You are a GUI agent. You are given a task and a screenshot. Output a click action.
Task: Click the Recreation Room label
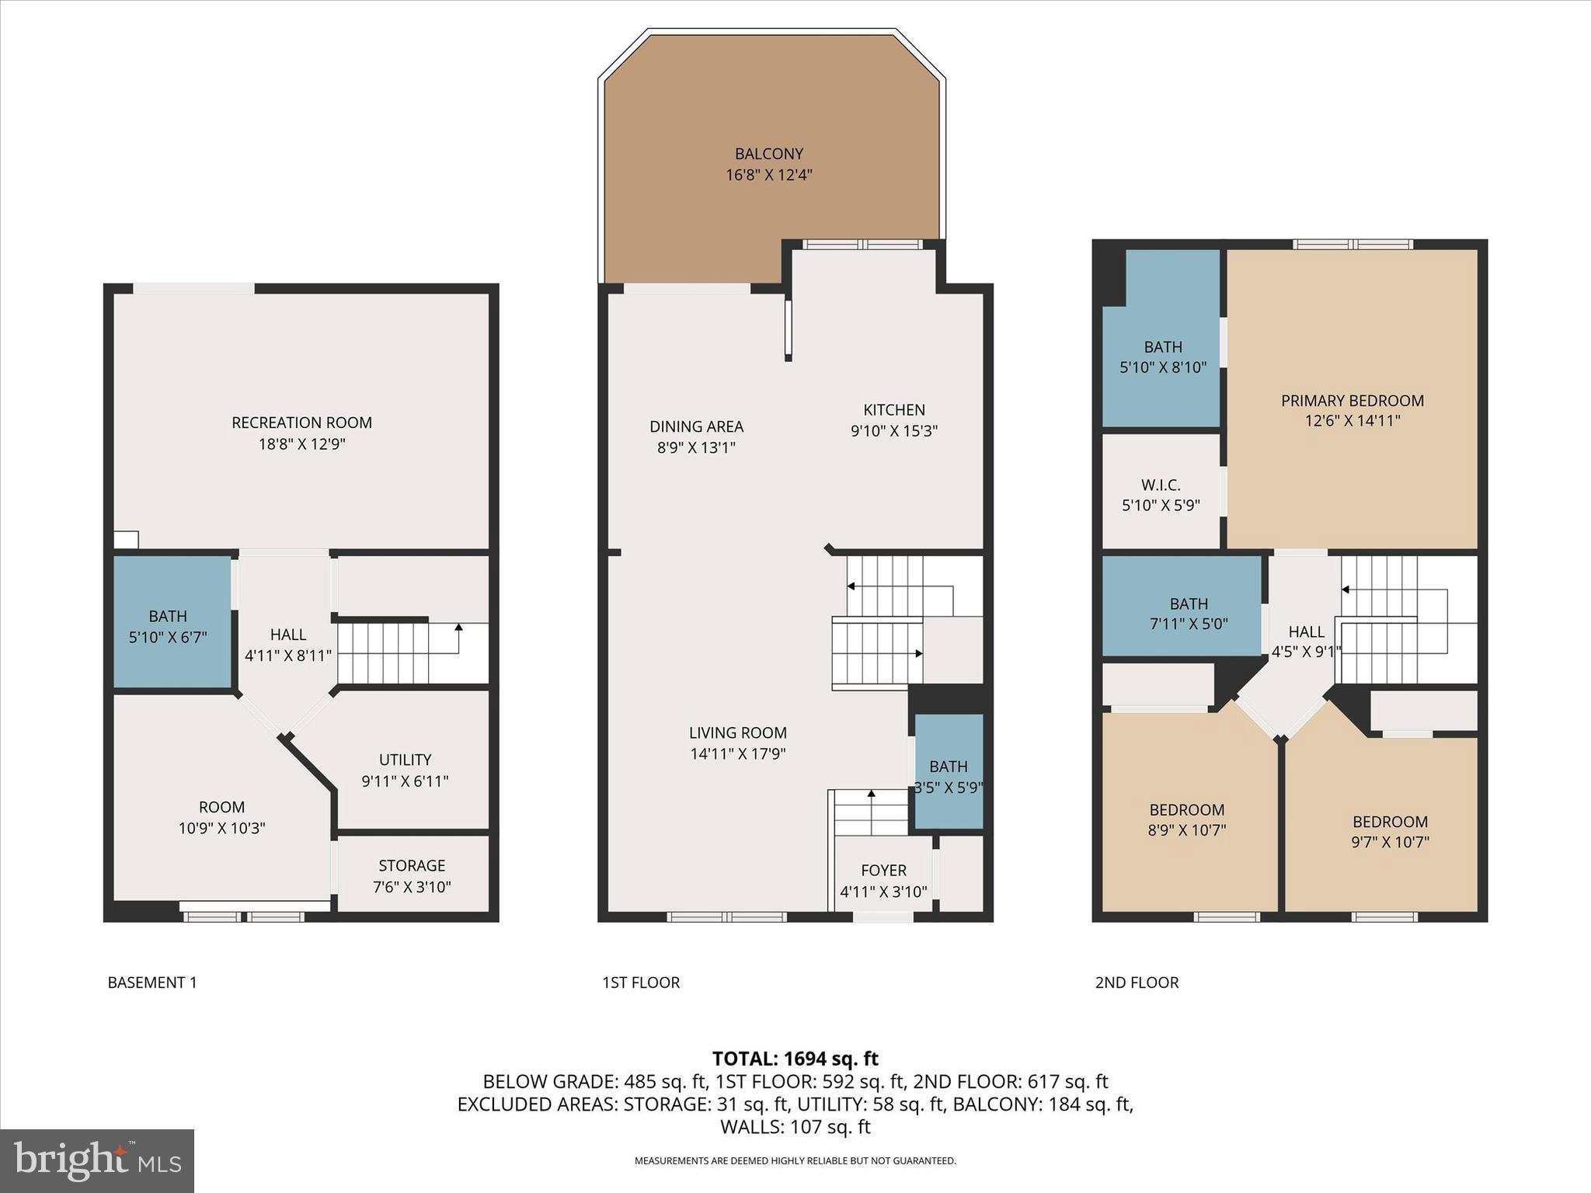[301, 423]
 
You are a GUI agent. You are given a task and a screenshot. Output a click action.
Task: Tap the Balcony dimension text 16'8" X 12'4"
[768, 175]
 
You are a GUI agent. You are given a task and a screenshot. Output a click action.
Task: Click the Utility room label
[405, 760]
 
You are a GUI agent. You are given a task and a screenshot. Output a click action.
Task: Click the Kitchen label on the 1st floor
[894, 410]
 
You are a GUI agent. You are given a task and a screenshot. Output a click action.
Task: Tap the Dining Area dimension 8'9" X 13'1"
[696, 447]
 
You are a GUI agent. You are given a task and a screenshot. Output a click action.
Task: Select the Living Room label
[737, 732]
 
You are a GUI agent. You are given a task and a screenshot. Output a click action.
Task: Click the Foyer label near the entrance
[883, 871]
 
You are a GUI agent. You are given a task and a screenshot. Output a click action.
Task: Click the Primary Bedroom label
[1352, 401]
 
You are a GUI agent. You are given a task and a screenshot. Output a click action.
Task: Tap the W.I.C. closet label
[1161, 485]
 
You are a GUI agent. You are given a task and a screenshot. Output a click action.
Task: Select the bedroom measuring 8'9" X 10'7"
[1187, 819]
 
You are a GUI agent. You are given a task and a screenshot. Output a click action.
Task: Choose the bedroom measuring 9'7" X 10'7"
[1389, 831]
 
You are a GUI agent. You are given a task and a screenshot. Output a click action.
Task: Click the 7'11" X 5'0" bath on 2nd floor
[1188, 613]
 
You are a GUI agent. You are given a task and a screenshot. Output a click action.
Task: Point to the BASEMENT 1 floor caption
[152, 983]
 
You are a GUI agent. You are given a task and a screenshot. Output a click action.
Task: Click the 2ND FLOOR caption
[1137, 983]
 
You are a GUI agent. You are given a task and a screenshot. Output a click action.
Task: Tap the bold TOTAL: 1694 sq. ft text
[795, 1059]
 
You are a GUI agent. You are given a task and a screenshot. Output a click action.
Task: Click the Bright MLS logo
[97, 1160]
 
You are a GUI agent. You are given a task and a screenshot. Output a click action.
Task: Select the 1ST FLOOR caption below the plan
[641, 983]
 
